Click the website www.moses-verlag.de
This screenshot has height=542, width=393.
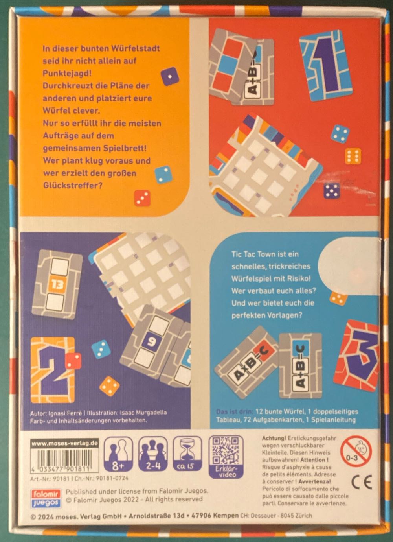click(x=64, y=443)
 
